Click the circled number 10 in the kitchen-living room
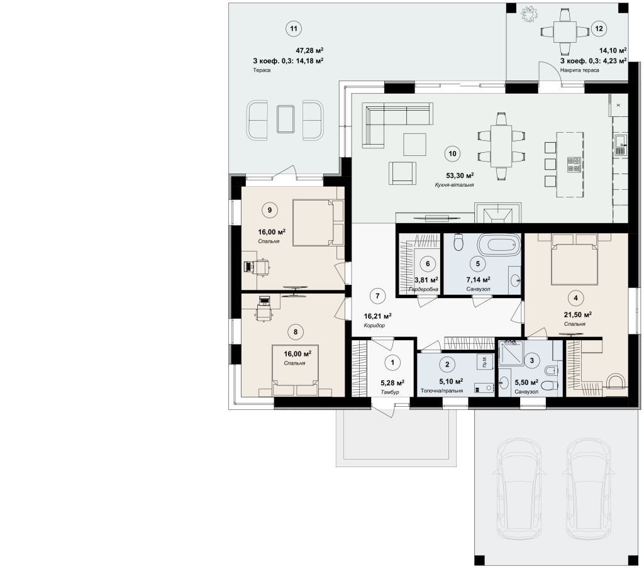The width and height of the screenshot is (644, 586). click(452, 154)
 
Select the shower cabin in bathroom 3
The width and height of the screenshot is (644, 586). click(511, 353)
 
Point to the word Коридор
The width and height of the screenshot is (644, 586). click(374, 326)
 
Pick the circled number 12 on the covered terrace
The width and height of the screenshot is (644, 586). click(599, 28)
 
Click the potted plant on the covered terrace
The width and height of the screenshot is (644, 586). click(529, 14)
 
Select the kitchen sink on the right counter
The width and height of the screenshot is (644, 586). click(620, 145)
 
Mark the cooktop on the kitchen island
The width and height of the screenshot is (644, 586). click(574, 165)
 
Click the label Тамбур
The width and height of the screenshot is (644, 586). click(390, 392)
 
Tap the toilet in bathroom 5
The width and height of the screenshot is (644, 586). click(458, 242)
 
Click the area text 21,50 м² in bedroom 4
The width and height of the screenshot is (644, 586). click(577, 315)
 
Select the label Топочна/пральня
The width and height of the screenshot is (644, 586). click(441, 391)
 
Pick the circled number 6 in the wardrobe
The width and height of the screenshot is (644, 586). click(428, 263)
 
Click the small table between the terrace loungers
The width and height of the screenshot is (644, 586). click(285, 119)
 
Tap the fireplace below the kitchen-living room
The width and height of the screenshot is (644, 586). click(498, 213)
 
